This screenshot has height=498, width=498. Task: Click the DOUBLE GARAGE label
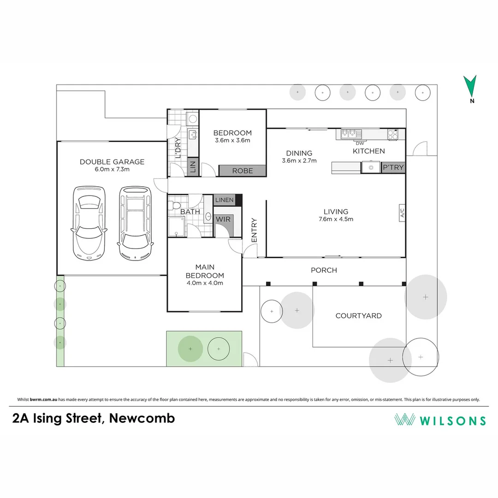[x=112, y=162]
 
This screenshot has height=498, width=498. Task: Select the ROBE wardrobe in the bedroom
[x=242, y=171]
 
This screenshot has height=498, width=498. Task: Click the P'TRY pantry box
[x=393, y=167]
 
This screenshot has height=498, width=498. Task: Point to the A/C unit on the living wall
[x=402, y=213]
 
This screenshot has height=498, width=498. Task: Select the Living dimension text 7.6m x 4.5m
[x=336, y=219]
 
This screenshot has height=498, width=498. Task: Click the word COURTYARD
[x=358, y=316]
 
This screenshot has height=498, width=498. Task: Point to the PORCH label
[x=324, y=270]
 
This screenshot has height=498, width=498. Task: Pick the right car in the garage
[x=135, y=223]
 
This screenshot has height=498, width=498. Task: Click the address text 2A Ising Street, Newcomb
[x=94, y=419]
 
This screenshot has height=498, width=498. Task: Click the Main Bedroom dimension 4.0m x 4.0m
[x=204, y=283]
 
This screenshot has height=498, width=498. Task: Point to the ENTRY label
[x=254, y=230]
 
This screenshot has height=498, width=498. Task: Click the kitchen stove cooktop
[x=393, y=135]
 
